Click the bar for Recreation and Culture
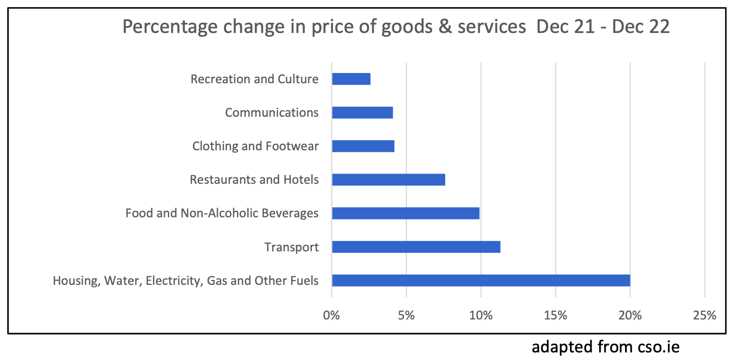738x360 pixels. click(351, 79)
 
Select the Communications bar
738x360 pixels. click(362, 112)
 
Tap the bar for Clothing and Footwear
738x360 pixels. click(363, 146)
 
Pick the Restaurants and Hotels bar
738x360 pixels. click(388, 179)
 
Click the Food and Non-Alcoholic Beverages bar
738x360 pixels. click(405, 213)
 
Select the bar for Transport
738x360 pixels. click(415, 247)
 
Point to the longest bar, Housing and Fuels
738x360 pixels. click(480, 281)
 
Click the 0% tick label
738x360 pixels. click(331, 315)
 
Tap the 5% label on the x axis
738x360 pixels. click(406, 315)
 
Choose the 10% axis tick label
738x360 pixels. click(481, 315)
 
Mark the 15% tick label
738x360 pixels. click(555, 315)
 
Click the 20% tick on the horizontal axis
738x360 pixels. click(630, 315)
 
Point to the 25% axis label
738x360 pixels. click(705, 315)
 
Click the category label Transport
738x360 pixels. click(291, 248)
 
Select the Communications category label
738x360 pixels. click(271, 113)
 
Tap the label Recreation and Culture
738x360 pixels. click(254, 79)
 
